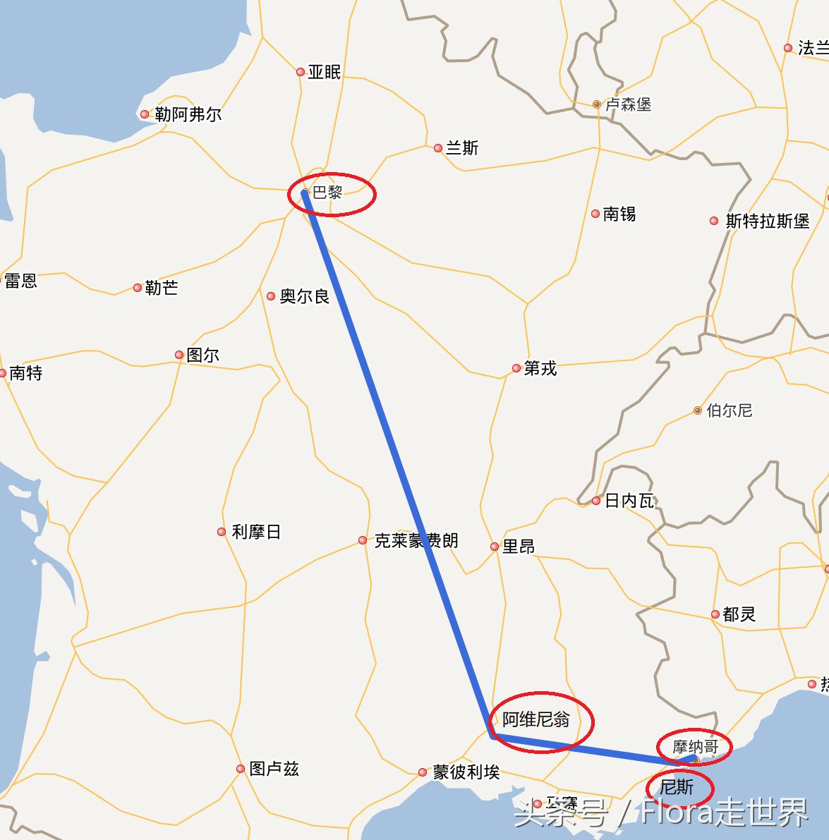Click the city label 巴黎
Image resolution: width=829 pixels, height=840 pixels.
[x=327, y=193]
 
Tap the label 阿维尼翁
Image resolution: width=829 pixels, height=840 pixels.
[x=535, y=719]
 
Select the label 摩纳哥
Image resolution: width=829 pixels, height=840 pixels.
[x=695, y=746]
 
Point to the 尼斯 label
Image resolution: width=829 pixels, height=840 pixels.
[x=677, y=787]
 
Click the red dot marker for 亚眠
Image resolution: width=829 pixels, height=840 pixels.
[x=301, y=72]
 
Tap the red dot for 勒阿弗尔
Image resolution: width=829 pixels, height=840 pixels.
[x=145, y=114]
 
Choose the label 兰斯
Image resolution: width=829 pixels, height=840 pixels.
[x=462, y=148]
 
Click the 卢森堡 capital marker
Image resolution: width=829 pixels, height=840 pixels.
[x=597, y=104]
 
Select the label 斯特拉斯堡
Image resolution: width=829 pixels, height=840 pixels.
[x=767, y=221]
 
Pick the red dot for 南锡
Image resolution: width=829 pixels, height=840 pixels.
[x=595, y=214]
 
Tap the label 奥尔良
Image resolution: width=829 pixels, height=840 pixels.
[x=304, y=296]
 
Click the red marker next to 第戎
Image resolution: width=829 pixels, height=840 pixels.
[x=516, y=368]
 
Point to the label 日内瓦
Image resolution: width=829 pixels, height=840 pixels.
[x=629, y=501]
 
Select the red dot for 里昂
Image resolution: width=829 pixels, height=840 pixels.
[x=495, y=547]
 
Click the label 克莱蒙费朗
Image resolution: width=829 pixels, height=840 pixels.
[x=416, y=541]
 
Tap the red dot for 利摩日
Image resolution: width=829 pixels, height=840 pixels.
[x=222, y=532]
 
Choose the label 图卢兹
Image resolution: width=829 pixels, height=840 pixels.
[x=274, y=769]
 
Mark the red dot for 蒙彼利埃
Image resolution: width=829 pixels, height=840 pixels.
[x=423, y=772]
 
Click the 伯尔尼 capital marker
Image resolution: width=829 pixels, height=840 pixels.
[x=698, y=410]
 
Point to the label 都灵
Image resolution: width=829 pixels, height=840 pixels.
[x=739, y=614]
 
